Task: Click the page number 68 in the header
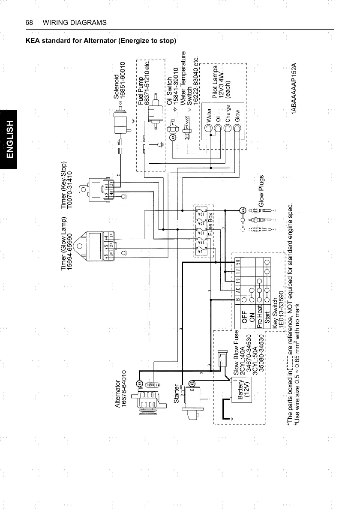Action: click(30, 22)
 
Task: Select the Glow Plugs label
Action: click(261, 194)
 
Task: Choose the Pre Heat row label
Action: click(260, 316)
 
